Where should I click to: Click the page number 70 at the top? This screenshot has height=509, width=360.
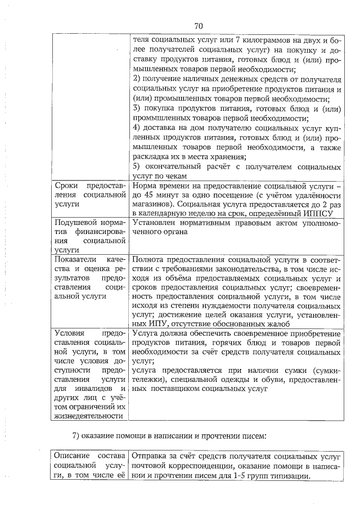click(198, 25)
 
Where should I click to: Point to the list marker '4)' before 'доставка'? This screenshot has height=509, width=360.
click(137, 128)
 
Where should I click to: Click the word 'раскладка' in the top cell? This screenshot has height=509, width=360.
click(151, 157)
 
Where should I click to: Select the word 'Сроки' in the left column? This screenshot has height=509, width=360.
click(66, 186)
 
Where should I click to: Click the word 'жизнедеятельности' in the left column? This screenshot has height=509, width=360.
click(88, 416)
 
